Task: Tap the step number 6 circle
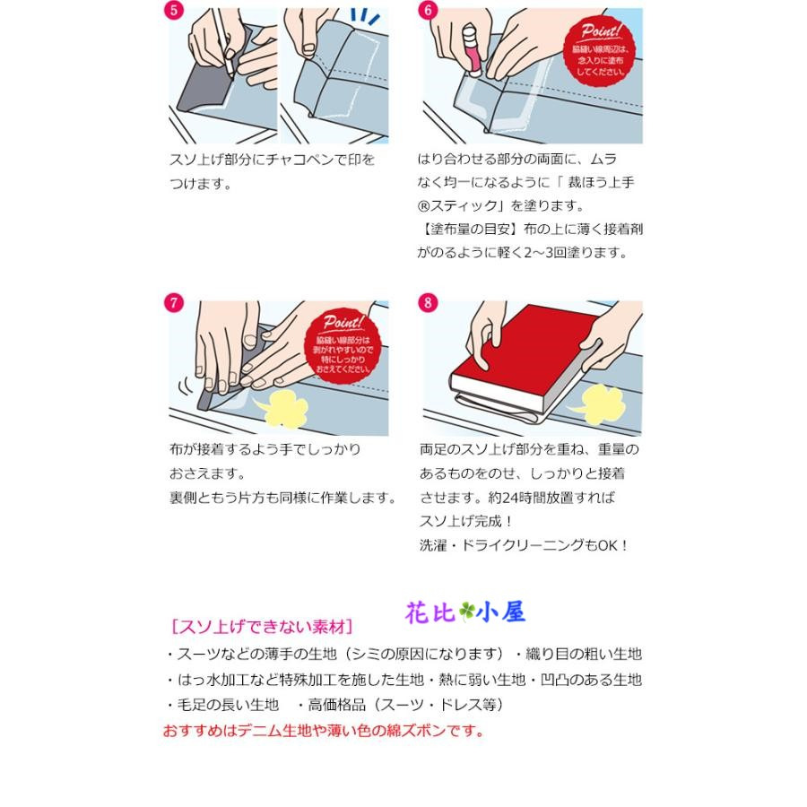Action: [428, 11]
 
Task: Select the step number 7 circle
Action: [174, 302]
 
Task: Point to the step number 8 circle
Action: [428, 302]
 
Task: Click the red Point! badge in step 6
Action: [602, 49]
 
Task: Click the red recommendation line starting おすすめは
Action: [323, 731]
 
